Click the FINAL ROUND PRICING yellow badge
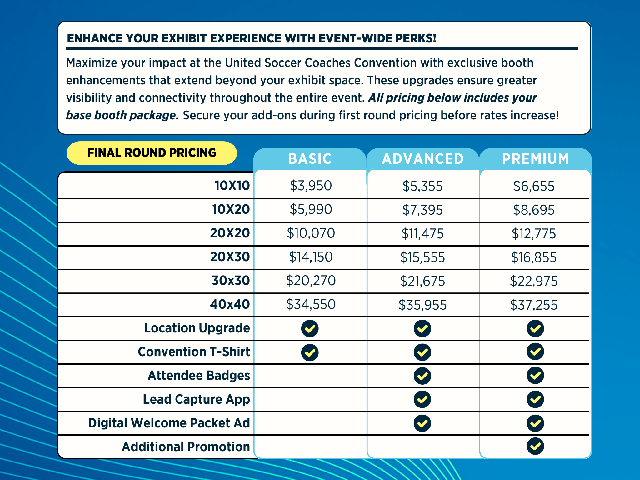[x=152, y=153]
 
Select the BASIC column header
[x=310, y=159]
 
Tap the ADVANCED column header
[x=422, y=159]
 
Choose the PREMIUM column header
[x=535, y=159]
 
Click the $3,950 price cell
[x=311, y=186]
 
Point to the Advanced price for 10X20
[x=422, y=210]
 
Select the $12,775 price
[x=534, y=234]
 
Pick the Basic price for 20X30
[x=311, y=257]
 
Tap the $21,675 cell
[x=422, y=281]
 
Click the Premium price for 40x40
[x=534, y=305]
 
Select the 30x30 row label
[x=231, y=281]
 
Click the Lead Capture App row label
[x=196, y=399]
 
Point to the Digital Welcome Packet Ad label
[x=169, y=423]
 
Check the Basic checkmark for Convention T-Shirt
[x=310, y=352]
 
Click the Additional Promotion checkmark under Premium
[x=535, y=446]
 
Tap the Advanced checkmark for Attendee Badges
[x=422, y=376]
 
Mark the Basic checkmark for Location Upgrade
[x=310, y=329]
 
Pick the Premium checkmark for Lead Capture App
[x=535, y=399]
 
